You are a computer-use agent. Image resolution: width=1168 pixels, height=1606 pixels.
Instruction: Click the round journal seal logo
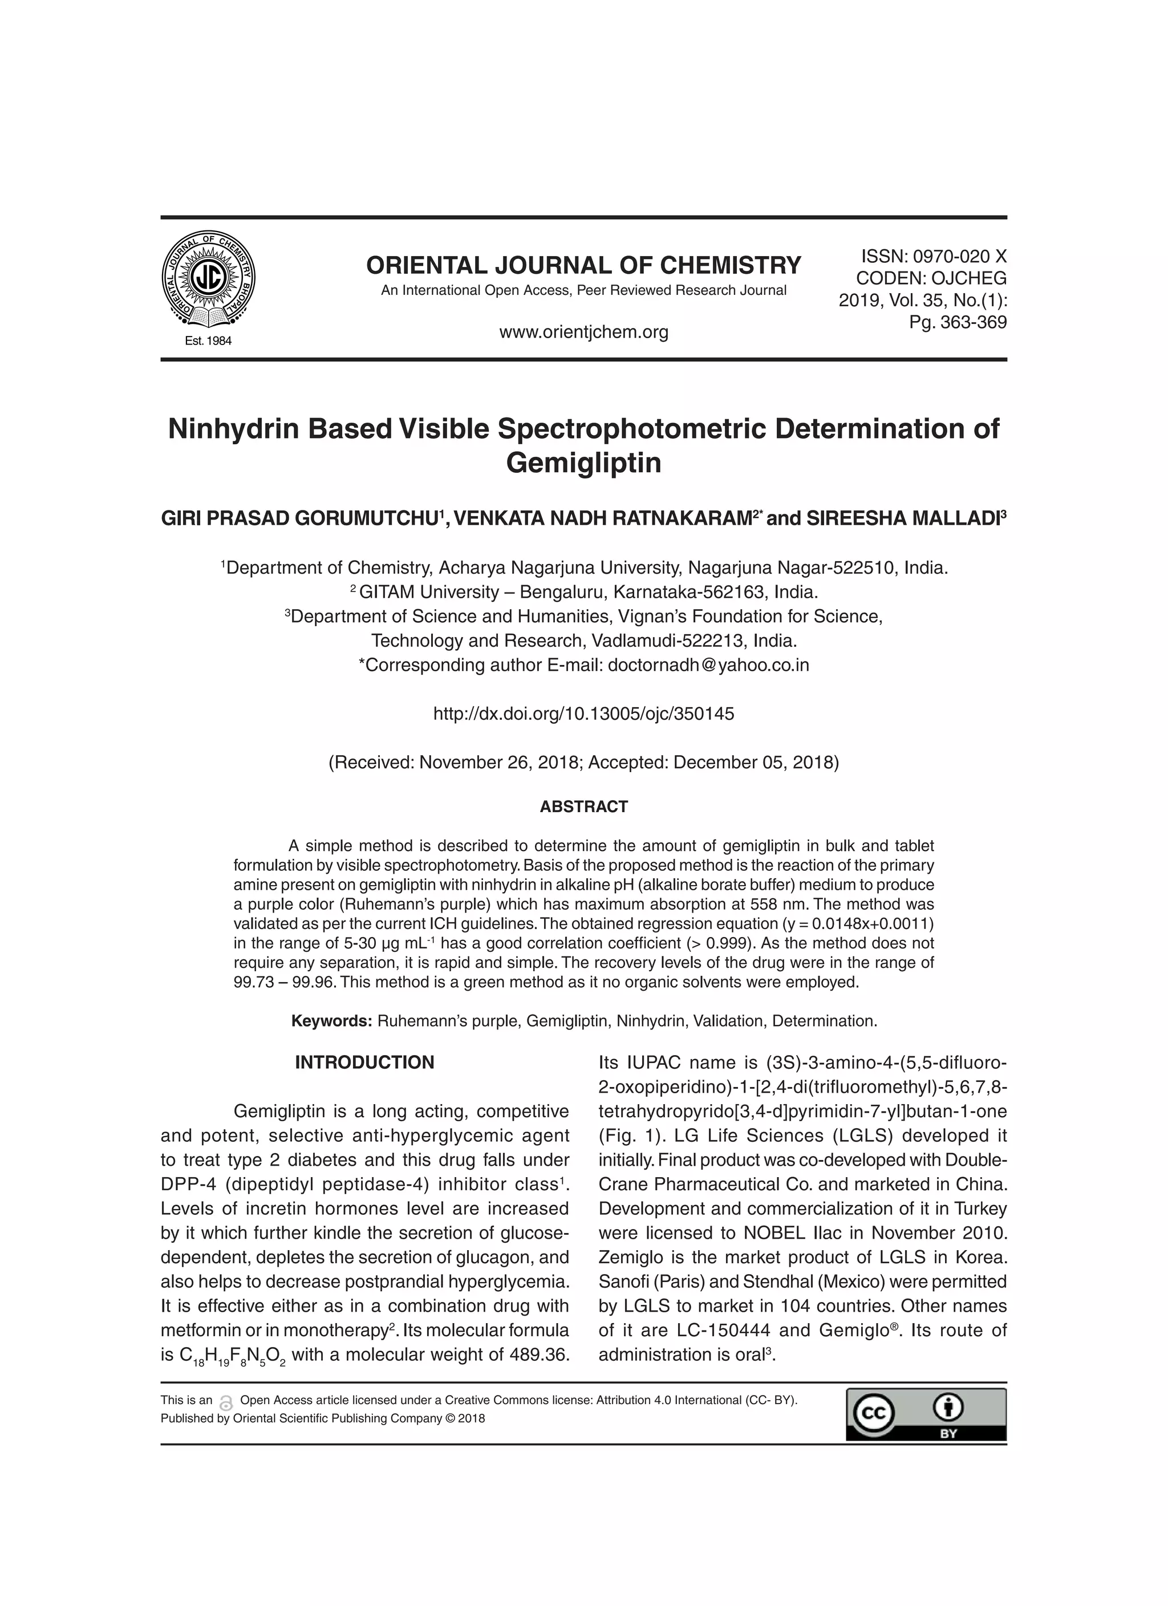pyautogui.click(x=208, y=279)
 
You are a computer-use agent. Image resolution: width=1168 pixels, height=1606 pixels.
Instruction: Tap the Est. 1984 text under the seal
pyautogui.click(x=208, y=340)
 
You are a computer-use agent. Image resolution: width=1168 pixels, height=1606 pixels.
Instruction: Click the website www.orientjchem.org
pyautogui.click(x=583, y=331)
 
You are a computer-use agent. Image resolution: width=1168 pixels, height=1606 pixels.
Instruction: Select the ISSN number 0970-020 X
pyautogui.click(x=959, y=256)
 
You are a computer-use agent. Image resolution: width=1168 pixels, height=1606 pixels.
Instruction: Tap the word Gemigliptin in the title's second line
pyautogui.click(x=583, y=463)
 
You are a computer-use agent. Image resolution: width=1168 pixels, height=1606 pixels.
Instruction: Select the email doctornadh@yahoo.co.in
pyautogui.click(x=708, y=665)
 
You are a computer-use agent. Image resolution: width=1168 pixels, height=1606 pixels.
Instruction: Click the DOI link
pyautogui.click(x=583, y=714)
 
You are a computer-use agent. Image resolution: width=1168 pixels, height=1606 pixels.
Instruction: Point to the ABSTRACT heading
pyautogui.click(x=583, y=806)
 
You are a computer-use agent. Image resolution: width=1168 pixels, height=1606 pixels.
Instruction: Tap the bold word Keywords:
pyautogui.click(x=331, y=1021)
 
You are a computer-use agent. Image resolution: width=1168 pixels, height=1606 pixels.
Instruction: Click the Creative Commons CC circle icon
pyautogui.click(x=873, y=1415)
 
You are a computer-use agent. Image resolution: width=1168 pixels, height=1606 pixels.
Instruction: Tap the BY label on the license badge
pyautogui.click(x=948, y=1433)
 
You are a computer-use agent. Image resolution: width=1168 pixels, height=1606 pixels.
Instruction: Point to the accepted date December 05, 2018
pyautogui.click(x=755, y=763)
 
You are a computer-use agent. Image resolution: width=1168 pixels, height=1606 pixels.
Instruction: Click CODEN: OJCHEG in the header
pyautogui.click(x=931, y=278)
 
